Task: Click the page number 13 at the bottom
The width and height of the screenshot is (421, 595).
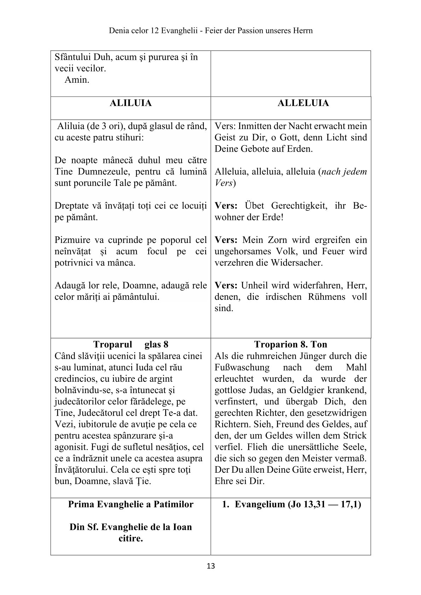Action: click(210, 566)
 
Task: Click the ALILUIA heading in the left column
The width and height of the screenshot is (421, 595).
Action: click(131, 103)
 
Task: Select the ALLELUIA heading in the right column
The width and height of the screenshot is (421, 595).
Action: click(303, 103)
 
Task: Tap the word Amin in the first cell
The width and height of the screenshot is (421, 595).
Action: click(77, 80)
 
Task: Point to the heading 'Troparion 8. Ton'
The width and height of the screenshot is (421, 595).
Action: click(290, 344)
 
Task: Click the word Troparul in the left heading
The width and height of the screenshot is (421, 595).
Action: click(113, 344)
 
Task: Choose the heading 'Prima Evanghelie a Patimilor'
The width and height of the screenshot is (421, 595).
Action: click(131, 504)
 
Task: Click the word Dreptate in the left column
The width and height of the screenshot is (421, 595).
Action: click(72, 206)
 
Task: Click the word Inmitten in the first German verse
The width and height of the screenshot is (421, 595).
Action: click(251, 126)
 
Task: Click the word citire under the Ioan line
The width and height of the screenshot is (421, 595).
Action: click(131, 538)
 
